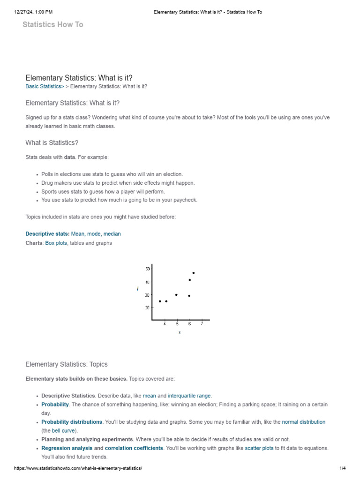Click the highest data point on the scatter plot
193,273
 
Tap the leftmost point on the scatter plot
160,301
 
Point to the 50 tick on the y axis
148,269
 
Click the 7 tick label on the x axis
202,324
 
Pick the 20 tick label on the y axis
148,307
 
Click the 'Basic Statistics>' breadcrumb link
45,86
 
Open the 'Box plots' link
56,243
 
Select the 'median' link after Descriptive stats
112,233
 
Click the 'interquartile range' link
189,396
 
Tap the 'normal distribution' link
303,422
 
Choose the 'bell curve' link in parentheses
63,430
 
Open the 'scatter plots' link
259,448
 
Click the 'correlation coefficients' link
134,448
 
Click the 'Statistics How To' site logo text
53,24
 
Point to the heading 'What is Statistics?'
52,142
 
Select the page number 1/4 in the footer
342,468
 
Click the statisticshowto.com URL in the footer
78,468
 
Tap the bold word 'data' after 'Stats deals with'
69,157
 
